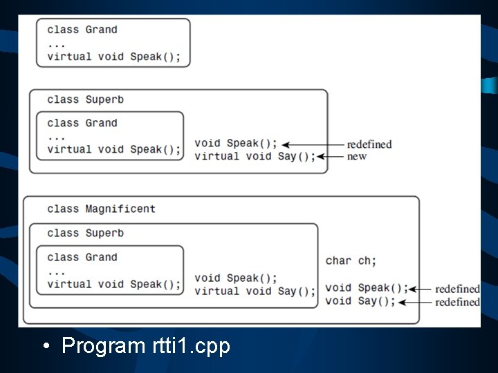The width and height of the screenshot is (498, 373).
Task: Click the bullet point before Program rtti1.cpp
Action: tap(45, 345)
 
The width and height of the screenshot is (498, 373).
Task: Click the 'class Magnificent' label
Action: tap(101, 209)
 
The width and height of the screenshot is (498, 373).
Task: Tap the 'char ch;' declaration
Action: tap(351, 260)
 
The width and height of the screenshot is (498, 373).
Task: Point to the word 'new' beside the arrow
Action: tap(357, 156)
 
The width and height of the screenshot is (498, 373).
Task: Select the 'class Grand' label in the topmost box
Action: tap(82, 30)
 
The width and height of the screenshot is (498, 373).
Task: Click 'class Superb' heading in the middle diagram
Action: tap(85, 99)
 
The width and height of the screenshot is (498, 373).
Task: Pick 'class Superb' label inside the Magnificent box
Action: tap(85, 233)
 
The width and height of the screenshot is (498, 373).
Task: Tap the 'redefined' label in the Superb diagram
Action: tap(369, 144)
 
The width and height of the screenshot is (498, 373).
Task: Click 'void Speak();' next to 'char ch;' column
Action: tap(367, 288)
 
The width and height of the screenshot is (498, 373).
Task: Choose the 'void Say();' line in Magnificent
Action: tap(360, 300)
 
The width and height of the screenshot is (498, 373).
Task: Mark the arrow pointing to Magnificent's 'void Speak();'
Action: tap(421, 289)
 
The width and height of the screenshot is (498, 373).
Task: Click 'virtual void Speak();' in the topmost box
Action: tap(114, 57)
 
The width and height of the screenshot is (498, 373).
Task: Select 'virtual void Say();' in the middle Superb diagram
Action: tap(255, 156)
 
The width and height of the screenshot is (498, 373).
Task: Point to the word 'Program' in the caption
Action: tap(102, 345)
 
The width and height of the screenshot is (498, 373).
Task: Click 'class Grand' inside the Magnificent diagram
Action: tap(82, 258)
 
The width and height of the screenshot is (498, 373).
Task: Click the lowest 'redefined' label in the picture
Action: tap(456, 302)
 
